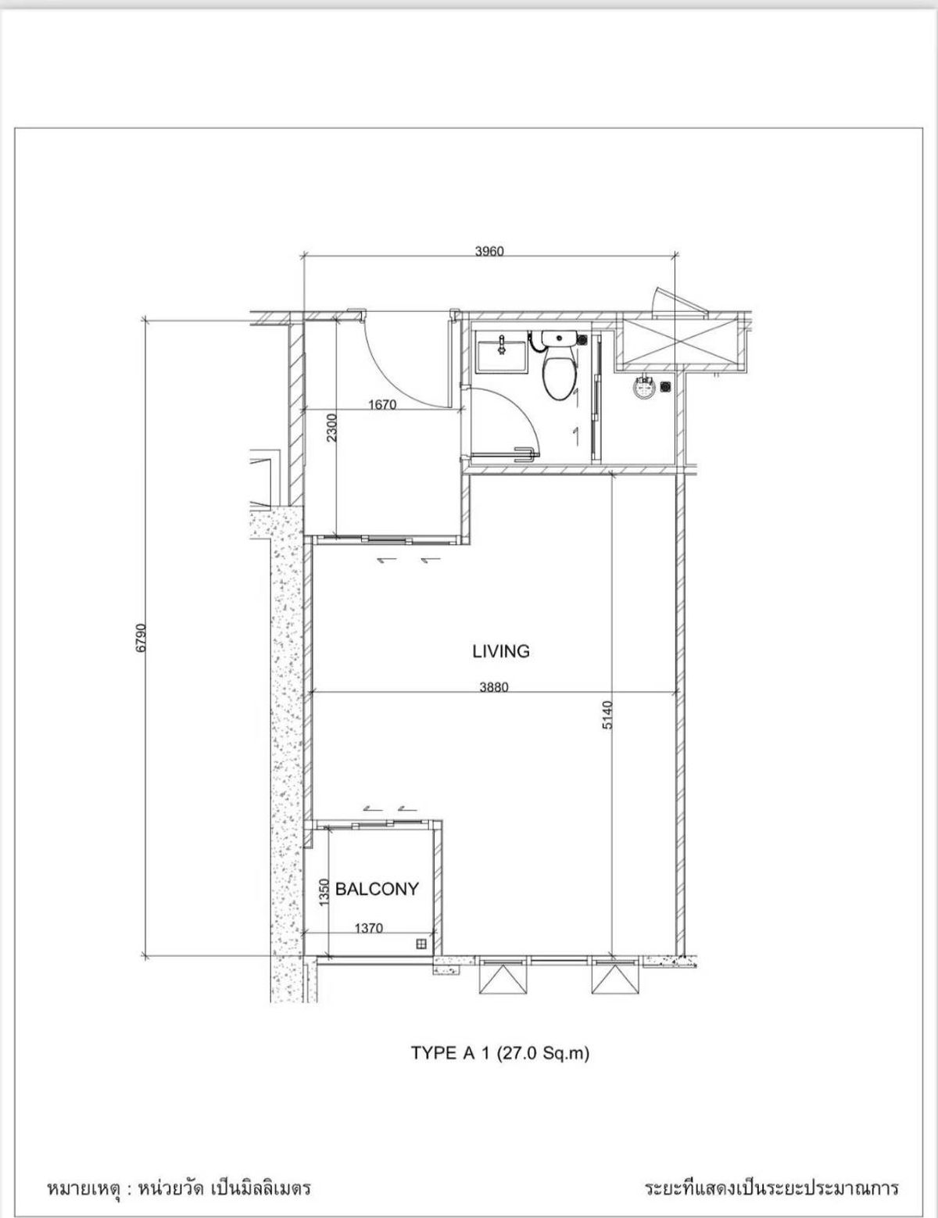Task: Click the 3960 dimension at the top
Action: [489, 251]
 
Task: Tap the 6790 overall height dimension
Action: [140, 637]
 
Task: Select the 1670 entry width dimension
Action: [382, 404]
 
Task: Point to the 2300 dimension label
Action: [332, 428]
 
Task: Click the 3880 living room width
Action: [494, 686]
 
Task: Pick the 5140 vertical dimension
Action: [607, 715]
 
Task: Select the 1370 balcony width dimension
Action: [369, 928]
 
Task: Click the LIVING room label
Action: [501, 651]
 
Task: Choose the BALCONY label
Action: [377, 889]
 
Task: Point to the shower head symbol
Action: [644, 387]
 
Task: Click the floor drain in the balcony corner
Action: [421, 944]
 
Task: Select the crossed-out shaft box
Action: [682, 341]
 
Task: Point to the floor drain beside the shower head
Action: [666, 386]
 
